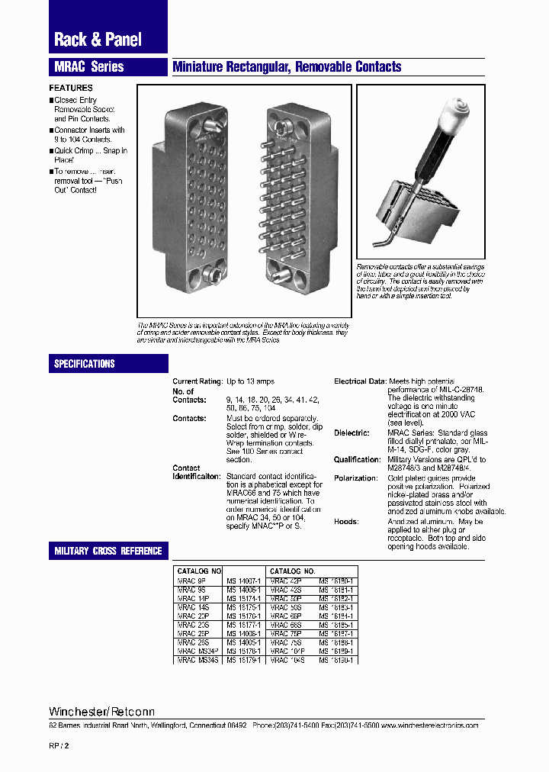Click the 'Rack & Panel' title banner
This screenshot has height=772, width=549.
point(98,40)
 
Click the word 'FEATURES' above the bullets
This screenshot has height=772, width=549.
point(71,88)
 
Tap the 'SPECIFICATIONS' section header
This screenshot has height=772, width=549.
point(84,364)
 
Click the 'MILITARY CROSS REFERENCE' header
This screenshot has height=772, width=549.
point(108,551)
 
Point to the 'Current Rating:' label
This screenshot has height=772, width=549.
point(197,381)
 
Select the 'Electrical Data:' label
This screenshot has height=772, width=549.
point(360,381)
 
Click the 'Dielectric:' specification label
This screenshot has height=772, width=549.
point(352,433)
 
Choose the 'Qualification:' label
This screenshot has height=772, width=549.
point(356,460)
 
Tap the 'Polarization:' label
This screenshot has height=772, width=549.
point(355,478)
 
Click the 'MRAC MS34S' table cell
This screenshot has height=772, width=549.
point(197,659)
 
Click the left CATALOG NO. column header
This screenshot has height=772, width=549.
point(199,571)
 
